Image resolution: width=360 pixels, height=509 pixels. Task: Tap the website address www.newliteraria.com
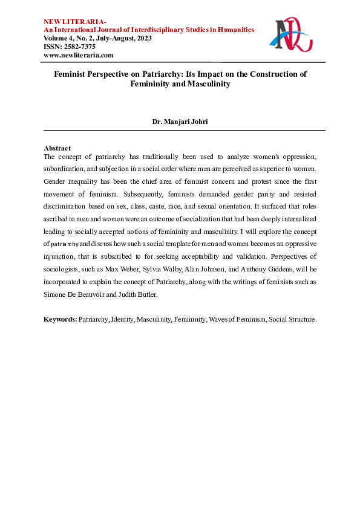79,55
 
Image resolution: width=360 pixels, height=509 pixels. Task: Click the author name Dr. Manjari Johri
180,122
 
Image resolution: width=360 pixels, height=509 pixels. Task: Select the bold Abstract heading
57,148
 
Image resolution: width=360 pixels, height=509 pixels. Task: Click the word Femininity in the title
151,85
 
